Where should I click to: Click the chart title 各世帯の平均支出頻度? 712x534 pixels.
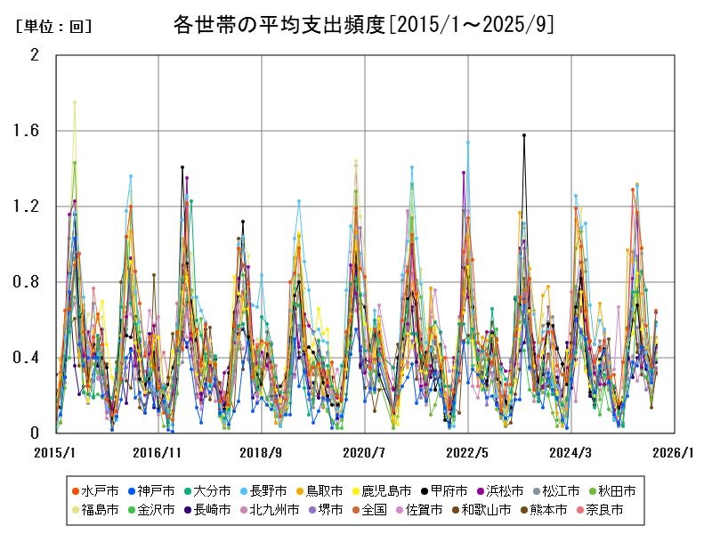click(363, 25)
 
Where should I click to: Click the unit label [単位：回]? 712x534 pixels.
click(54, 27)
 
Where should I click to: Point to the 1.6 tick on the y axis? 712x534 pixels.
click(29, 131)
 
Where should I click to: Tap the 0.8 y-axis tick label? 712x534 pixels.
click(29, 282)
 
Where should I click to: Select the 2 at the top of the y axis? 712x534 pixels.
click(35, 55)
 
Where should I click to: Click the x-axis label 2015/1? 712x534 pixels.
click(55, 452)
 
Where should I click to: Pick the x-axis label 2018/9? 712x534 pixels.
click(262, 452)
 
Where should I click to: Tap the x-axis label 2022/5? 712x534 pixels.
click(468, 452)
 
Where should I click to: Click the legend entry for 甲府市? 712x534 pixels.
click(443, 490)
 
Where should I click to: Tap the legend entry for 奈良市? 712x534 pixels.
click(603, 510)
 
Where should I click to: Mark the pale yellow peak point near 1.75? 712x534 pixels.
click(75, 102)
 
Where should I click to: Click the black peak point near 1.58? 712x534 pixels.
click(524, 135)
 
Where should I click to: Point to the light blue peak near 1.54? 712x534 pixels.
click(467, 142)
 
